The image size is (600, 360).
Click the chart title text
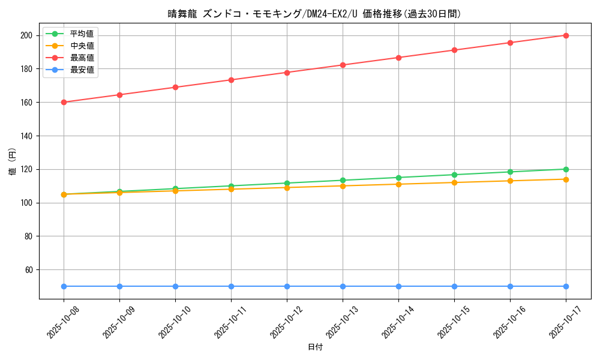[x=314, y=14]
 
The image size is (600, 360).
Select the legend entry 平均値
[x=82, y=34]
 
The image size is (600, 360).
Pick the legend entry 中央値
[x=82, y=46]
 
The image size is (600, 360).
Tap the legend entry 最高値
[x=82, y=58]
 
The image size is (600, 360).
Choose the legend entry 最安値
[x=82, y=70]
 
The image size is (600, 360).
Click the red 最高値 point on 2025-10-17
[x=566, y=35]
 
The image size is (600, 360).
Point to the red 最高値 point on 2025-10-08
[x=64, y=102]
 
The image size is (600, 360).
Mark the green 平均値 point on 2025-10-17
[x=566, y=169]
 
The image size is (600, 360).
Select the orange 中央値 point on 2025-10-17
[x=566, y=179]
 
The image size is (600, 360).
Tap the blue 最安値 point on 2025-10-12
[x=287, y=286]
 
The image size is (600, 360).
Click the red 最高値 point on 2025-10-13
[x=343, y=65]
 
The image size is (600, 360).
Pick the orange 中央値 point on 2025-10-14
[x=398, y=184]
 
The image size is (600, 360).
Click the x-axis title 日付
[x=314, y=347]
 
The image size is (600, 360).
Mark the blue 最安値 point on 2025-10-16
[x=510, y=286]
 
